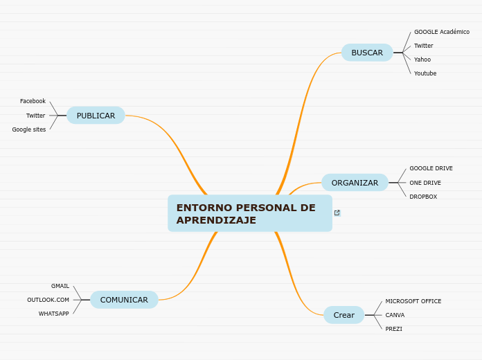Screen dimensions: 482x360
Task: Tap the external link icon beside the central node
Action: click(x=337, y=213)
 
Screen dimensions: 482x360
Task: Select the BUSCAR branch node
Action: click(x=367, y=53)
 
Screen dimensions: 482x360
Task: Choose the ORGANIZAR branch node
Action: click(x=355, y=183)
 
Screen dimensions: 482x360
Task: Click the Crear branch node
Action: click(x=343, y=315)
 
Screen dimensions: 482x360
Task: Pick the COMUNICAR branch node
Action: click(x=124, y=300)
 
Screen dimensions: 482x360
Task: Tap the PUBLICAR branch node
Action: click(x=96, y=116)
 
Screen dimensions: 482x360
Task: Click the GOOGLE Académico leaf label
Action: click(x=441, y=32)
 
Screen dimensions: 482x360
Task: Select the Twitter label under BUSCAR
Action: click(x=423, y=46)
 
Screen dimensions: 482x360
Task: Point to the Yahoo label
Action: click(x=422, y=60)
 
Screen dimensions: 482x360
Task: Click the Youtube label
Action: click(x=425, y=73)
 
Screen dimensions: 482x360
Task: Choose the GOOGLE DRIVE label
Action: click(x=431, y=168)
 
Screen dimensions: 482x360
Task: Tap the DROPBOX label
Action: click(x=423, y=197)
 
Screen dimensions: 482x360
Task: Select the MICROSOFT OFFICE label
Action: click(x=413, y=301)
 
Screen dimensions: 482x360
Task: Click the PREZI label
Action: click(x=393, y=329)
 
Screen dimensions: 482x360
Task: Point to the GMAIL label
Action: click(x=60, y=286)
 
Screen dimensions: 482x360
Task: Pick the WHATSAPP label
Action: click(x=54, y=314)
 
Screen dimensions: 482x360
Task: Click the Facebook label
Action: click(x=33, y=101)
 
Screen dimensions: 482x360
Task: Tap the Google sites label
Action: click(x=29, y=129)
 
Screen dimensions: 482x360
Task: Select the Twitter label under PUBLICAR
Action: click(x=35, y=116)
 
